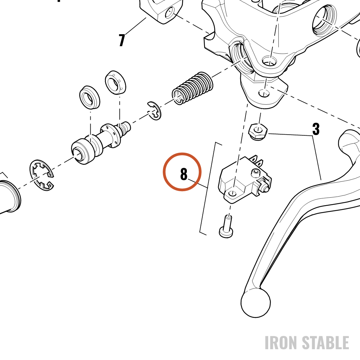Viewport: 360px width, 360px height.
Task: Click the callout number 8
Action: click(184, 174)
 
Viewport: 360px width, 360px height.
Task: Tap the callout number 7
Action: click(122, 40)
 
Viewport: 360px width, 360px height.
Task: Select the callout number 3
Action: click(316, 129)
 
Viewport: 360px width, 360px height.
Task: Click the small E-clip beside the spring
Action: click(154, 111)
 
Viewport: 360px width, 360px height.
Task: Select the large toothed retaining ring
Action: click(41, 175)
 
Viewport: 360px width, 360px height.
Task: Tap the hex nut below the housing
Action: click(258, 132)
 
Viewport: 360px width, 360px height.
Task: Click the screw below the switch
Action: click(226, 226)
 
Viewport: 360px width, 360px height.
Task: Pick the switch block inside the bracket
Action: click(244, 180)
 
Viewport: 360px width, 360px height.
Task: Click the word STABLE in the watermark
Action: click(325, 343)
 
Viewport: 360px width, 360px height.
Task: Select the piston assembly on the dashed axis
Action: click(101, 142)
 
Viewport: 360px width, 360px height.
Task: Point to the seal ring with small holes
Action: click(116, 82)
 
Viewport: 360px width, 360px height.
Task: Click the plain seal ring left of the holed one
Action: click(90, 97)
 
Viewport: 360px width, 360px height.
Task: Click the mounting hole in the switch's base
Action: click(232, 193)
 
